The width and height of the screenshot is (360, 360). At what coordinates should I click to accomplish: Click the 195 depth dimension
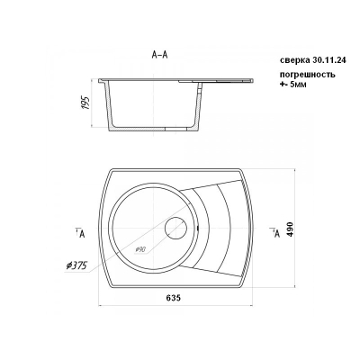click(86, 103)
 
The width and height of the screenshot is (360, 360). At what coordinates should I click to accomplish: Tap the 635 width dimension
click(174, 298)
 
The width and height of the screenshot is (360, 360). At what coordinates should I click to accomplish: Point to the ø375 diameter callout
click(76, 266)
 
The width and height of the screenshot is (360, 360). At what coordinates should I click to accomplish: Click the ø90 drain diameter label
click(140, 249)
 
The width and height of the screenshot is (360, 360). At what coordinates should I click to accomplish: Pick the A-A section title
click(159, 55)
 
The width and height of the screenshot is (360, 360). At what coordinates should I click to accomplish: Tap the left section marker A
click(80, 233)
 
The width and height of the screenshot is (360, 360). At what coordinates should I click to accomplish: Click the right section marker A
click(275, 232)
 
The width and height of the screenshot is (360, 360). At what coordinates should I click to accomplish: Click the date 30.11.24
click(329, 60)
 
